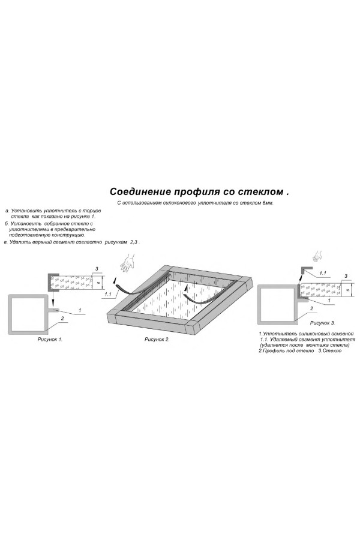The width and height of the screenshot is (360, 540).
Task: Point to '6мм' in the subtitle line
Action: [x=268, y=203]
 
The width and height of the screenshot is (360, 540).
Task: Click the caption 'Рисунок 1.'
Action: [x=50, y=339]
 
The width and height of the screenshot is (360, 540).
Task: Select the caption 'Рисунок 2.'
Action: [x=157, y=339]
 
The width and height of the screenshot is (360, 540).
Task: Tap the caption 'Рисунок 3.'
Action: [x=322, y=323]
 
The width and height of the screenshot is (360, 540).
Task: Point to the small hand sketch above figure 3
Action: [x=317, y=256]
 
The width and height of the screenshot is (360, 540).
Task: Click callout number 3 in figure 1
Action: [x=97, y=268]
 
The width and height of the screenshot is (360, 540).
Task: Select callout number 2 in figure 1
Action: [x=62, y=318]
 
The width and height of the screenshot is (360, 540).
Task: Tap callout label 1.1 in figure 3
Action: [x=323, y=273]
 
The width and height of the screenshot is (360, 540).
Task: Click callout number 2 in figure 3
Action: [x=312, y=308]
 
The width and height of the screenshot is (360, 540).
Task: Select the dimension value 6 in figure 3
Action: [x=347, y=290]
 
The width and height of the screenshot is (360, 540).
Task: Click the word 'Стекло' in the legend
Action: [x=334, y=350]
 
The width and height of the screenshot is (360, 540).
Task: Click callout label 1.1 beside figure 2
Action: [x=108, y=295]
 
